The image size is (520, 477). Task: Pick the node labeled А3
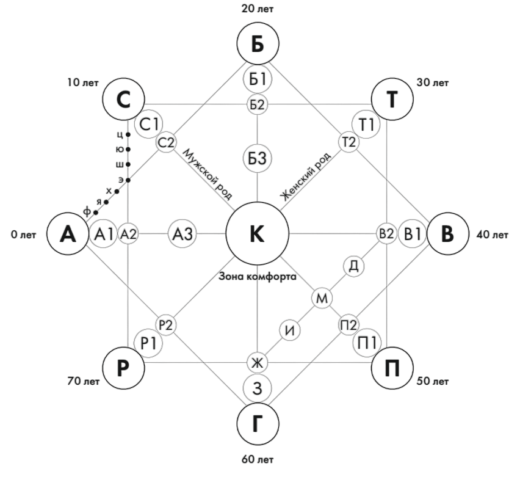pyautogui.click(x=182, y=233)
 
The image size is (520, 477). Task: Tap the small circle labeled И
pyautogui.click(x=291, y=330)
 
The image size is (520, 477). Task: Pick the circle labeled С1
pyautogui.click(x=148, y=124)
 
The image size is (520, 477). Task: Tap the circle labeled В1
pyautogui.click(x=413, y=234)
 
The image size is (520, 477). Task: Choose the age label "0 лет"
pyautogui.click(x=23, y=234)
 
